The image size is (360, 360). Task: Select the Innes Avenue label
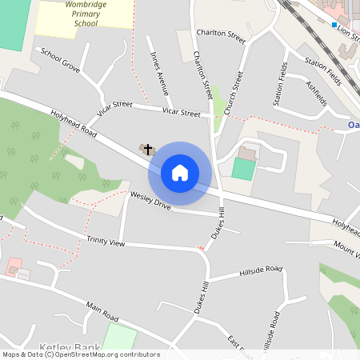(x=159, y=71)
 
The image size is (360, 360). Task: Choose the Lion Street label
(x=349, y=31)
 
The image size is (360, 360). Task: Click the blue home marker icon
(x=180, y=173)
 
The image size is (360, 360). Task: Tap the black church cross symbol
(x=148, y=149)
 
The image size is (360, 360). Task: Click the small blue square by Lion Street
(x=334, y=25)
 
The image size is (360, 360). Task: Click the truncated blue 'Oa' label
(x=354, y=125)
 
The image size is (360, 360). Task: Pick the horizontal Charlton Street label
(x=220, y=35)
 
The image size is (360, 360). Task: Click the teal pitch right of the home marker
(x=243, y=168)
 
